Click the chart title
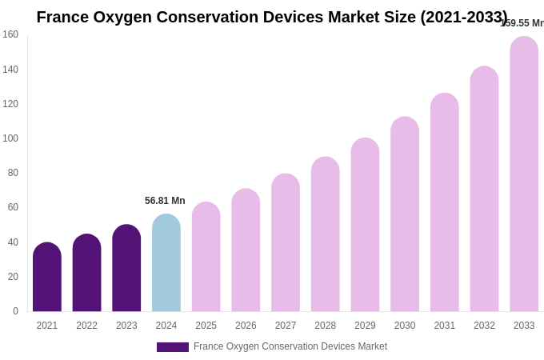[272, 17]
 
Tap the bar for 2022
[86, 273]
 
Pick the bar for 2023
[126, 268]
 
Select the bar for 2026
[246, 250]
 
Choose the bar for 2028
[325, 234]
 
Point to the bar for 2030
[405, 214]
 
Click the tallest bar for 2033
[524, 174]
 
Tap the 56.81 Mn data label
[165, 201]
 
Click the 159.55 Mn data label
[522, 23]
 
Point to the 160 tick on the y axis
[10, 34]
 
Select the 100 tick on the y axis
[10, 138]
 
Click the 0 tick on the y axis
[15, 311]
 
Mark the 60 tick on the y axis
[13, 207]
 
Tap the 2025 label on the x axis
[206, 326]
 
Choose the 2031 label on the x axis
[444, 326]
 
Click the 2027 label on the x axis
[286, 326]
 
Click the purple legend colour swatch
[173, 347]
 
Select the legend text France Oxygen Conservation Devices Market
[290, 346]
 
